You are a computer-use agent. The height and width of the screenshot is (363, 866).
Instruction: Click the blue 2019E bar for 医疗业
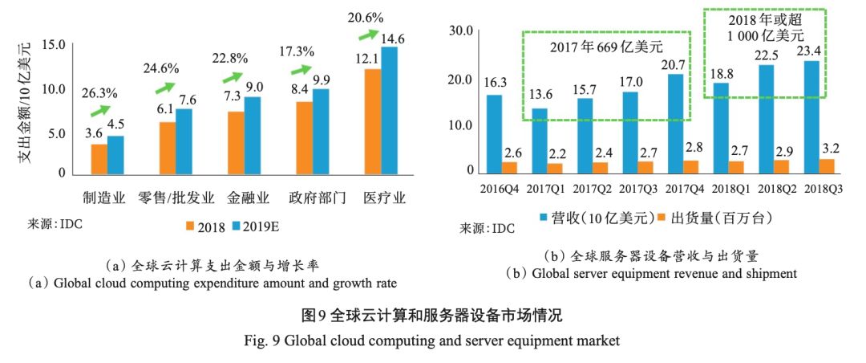(389, 110)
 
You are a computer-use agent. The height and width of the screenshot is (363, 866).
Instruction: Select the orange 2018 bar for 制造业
(99, 159)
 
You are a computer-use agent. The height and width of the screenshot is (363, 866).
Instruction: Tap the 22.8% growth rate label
(230, 59)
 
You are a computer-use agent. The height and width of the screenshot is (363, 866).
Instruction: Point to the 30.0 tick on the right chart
(462, 31)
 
